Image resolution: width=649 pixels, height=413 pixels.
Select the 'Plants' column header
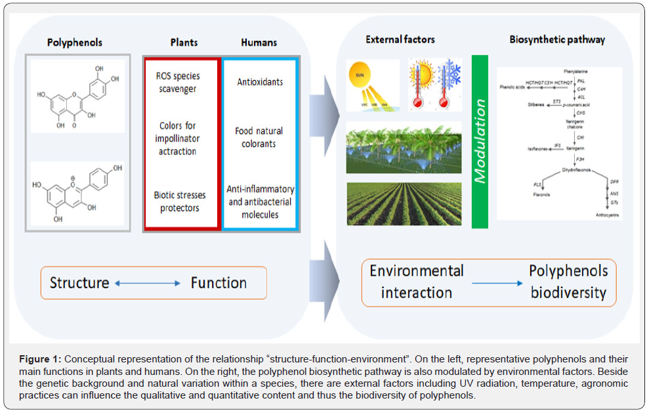(184, 42)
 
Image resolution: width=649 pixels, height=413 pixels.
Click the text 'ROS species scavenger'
(178, 83)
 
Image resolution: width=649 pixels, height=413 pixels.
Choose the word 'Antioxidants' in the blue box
(260, 82)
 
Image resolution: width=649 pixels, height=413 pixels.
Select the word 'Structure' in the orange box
(79, 283)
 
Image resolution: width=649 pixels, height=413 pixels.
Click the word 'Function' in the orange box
(219, 283)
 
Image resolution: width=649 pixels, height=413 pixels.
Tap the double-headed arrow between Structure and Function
(148, 284)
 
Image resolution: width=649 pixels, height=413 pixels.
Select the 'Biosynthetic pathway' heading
(557, 40)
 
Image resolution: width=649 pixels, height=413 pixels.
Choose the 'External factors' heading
(400, 40)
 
